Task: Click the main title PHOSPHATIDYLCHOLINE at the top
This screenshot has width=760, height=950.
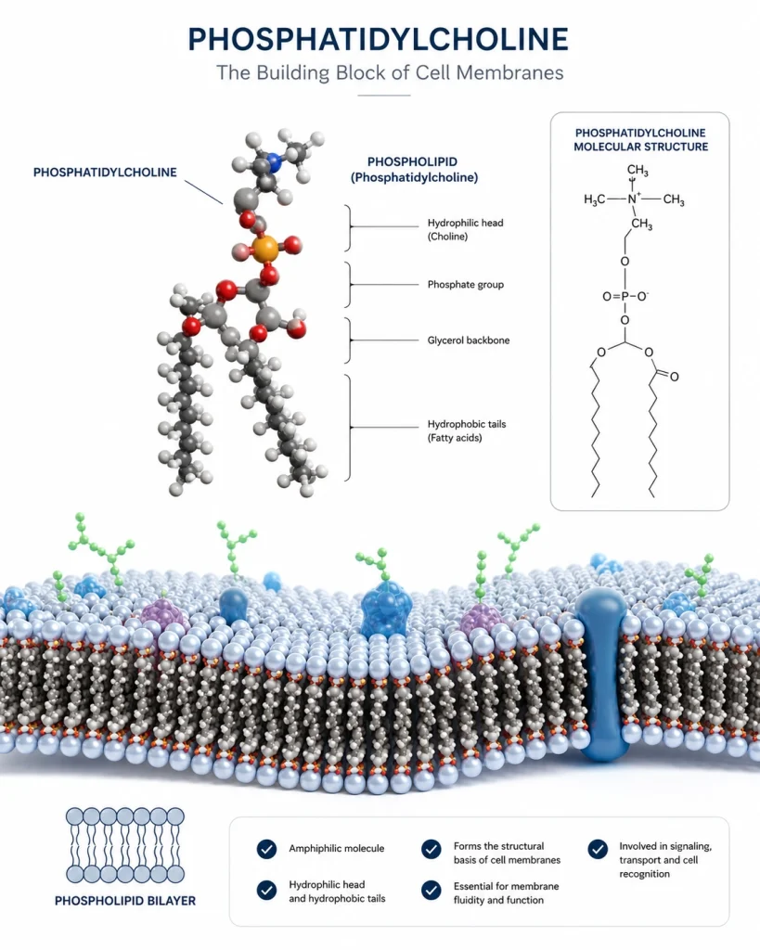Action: pos(379,39)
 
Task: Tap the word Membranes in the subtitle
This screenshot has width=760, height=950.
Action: pos(509,72)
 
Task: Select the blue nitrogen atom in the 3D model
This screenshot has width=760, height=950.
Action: pos(276,162)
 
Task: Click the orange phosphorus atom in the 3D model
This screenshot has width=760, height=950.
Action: pos(264,249)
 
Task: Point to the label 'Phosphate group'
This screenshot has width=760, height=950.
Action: pos(466,284)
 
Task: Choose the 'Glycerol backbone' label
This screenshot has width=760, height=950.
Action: pos(469,340)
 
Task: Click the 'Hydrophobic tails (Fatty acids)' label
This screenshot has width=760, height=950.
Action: pos(467,430)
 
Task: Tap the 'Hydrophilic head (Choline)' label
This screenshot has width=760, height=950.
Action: pos(466,230)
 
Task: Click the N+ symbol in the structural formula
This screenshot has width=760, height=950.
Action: pos(634,199)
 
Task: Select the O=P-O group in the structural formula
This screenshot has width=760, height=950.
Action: pos(625,296)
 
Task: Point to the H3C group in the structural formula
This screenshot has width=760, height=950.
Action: pos(594,200)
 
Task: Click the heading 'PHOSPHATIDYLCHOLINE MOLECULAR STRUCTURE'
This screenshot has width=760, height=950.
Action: pos(640,140)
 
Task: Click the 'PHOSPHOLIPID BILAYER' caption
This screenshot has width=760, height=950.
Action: pos(125,901)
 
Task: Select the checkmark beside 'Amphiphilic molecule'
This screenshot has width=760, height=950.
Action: pos(266,850)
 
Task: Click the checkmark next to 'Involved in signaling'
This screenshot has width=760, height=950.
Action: pos(598,850)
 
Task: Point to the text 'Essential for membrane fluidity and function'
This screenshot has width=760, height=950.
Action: pos(506,893)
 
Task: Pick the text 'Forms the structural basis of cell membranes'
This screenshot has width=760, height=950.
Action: pos(507,854)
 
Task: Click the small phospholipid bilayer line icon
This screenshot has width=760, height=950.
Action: pos(125,844)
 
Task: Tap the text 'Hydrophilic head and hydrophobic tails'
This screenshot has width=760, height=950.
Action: pos(337,892)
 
